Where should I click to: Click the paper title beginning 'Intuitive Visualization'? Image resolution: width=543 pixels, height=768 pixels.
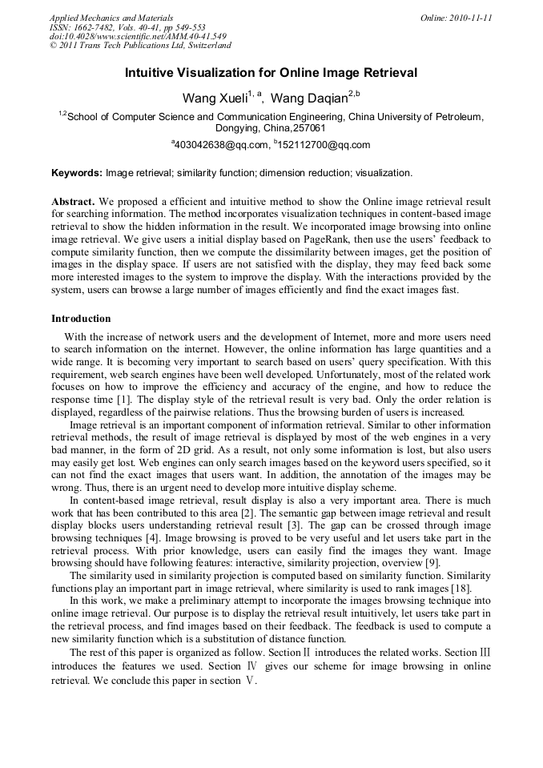(271, 73)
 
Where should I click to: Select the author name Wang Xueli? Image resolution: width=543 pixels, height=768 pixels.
(215, 99)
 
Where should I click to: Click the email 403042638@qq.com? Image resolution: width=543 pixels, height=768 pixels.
(221, 145)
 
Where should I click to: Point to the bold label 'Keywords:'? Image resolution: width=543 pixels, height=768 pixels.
(77, 173)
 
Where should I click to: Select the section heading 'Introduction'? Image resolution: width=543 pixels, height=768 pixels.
(81, 319)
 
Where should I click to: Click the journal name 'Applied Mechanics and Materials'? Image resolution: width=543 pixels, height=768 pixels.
(111, 18)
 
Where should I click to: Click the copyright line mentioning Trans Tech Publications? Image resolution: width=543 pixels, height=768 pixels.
(140, 46)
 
